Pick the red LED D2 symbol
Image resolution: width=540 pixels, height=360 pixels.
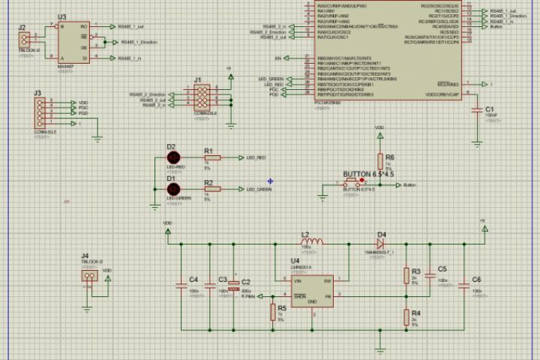pyautogui.click(x=173, y=157)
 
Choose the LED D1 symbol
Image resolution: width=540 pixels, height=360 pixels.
pyautogui.click(x=173, y=189)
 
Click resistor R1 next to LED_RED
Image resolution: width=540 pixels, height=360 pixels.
pyautogui.click(x=213, y=158)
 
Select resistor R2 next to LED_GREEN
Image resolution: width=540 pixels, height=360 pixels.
pyautogui.click(x=213, y=190)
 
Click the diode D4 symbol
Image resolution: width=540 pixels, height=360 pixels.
pyautogui.click(x=380, y=243)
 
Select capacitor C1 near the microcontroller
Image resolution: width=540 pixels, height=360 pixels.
pyautogui.click(x=477, y=110)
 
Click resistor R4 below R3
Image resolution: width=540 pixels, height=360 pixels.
pyautogui.click(x=406, y=315)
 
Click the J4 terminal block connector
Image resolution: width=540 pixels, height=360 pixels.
pyautogui.click(x=91, y=275)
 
